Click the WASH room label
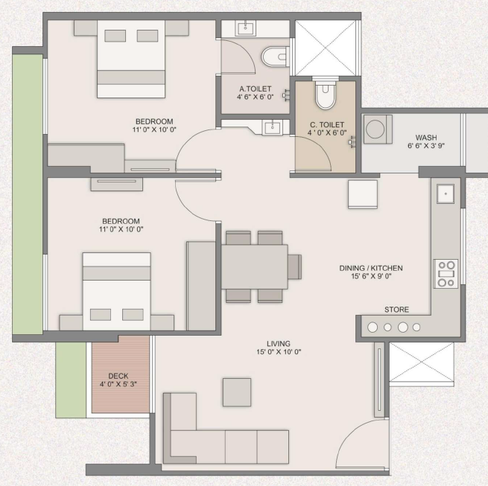tap(426, 138)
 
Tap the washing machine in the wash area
tap(378, 130)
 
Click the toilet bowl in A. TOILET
tap(276, 57)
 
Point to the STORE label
tap(396, 310)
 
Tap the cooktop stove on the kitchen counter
tap(446, 274)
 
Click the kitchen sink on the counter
tap(446, 194)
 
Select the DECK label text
tap(118, 376)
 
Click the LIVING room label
tap(278, 344)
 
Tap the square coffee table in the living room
tap(237, 392)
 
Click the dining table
tap(255, 266)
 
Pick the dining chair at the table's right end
tap(294, 266)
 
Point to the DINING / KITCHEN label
tap(371, 268)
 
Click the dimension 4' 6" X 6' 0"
tap(256, 97)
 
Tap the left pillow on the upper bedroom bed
tap(115, 36)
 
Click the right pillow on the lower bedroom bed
tap(133, 315)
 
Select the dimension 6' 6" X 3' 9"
tap(426, 146)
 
